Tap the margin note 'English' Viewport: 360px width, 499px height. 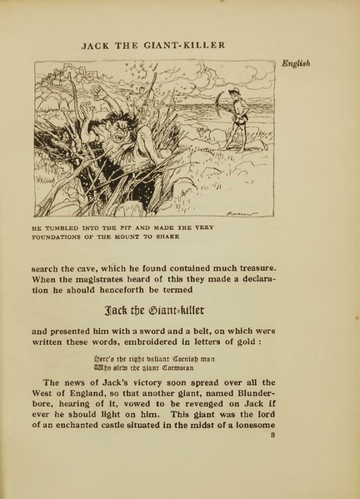pos(295,64)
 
